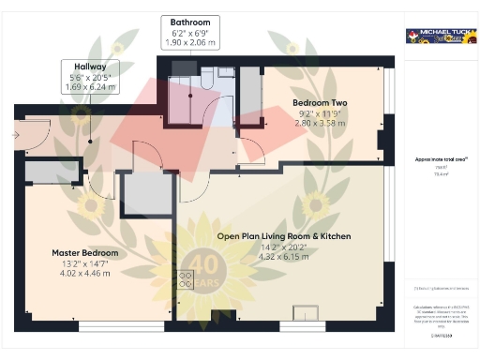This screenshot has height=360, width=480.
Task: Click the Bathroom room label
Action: coord(190,22)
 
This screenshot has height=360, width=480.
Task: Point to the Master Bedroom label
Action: coord(85,253)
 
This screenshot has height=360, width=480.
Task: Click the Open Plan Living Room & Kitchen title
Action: coord(283,236)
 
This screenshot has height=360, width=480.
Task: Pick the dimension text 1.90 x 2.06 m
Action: coord(190,43)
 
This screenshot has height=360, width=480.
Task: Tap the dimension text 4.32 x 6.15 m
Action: coord(283,257)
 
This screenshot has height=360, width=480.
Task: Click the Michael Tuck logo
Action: coord(438,37)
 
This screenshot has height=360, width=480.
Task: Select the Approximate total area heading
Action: coord(438,159)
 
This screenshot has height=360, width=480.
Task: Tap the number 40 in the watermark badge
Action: coord(204,265)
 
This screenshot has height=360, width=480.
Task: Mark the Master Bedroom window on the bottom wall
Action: coord(112,326)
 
